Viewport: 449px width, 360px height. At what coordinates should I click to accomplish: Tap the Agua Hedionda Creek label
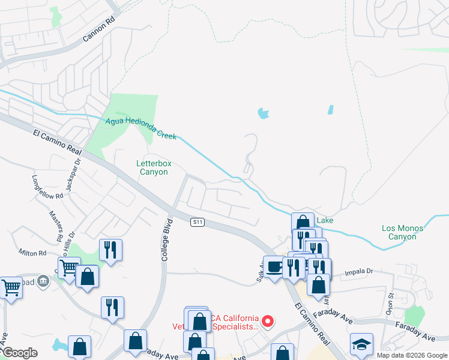pos(141,128)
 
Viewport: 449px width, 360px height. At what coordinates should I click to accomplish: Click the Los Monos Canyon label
pos(402,232)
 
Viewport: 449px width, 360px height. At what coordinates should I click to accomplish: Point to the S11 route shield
pos(198,222)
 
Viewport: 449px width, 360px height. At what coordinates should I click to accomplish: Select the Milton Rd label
pos(32,253)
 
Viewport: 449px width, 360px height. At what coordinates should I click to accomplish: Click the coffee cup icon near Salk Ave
pos(275,266)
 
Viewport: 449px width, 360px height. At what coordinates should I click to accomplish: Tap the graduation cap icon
pos(361,344)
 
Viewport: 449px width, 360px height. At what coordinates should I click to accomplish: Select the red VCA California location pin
pos(268,322)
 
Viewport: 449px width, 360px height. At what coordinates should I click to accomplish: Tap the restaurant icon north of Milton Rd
pos(110,250)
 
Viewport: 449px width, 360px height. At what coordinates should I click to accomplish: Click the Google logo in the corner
pos(19,353)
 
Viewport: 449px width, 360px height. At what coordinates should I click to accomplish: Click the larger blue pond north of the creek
pos(263,113)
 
